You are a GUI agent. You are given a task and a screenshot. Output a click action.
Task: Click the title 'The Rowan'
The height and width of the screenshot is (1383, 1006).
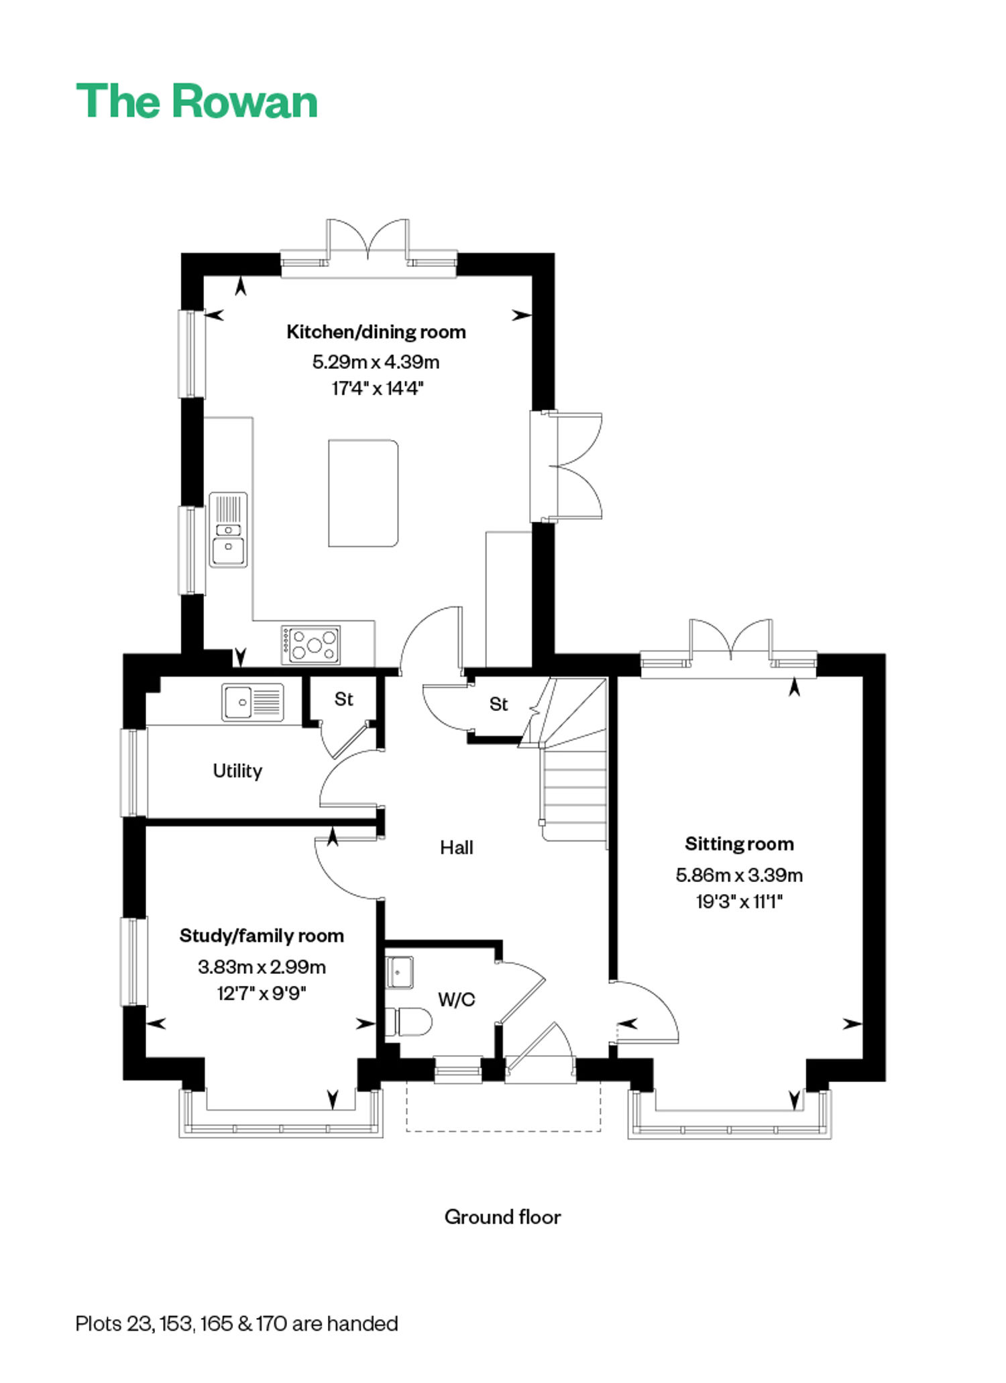[x=197, y=101]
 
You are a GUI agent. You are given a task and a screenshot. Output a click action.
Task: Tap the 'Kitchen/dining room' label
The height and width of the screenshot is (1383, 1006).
[x=376, y=332]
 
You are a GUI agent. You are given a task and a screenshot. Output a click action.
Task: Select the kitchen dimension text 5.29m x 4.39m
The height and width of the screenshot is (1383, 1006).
[x=376, y=362]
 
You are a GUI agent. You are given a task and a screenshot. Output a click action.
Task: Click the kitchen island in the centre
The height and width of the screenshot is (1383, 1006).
[x=364, y=493]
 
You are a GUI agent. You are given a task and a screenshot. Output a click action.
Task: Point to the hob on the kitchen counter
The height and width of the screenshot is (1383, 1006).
[x=311, y=645]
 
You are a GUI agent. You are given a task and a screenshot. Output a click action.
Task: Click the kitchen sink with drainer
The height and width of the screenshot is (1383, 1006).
[x=228, y=530]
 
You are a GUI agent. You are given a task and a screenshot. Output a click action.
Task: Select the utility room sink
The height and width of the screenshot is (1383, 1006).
[x=253, y=702]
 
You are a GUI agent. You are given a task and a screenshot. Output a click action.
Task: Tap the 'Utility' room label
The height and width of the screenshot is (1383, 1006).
[x=237, y=771]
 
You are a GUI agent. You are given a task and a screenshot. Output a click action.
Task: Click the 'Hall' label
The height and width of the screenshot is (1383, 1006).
[x=457, y=848]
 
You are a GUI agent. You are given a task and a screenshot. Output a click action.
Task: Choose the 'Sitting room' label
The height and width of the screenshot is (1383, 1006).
[x=739, y=844]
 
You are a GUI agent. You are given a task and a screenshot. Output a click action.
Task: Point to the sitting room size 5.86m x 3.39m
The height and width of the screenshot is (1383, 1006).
[x=739, y=875]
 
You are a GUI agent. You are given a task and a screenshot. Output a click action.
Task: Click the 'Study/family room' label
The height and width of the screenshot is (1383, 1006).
[x=262, y=936]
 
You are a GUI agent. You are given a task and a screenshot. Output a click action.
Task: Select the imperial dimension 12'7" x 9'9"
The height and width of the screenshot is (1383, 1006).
[x=262, y=993]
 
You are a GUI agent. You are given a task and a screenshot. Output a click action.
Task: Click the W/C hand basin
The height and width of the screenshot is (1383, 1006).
[x=400, y=973]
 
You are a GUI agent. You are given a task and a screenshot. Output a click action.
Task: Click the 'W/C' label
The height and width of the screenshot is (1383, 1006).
[x=457, y=1000]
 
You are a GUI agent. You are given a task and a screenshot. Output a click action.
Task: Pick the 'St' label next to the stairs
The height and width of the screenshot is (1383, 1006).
[x=498, y=704]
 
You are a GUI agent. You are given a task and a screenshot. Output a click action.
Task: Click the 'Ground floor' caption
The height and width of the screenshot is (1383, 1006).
[x=502, y=1217]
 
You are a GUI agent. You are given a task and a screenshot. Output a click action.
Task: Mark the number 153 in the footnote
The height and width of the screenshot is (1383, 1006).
[x=177, y=1323]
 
